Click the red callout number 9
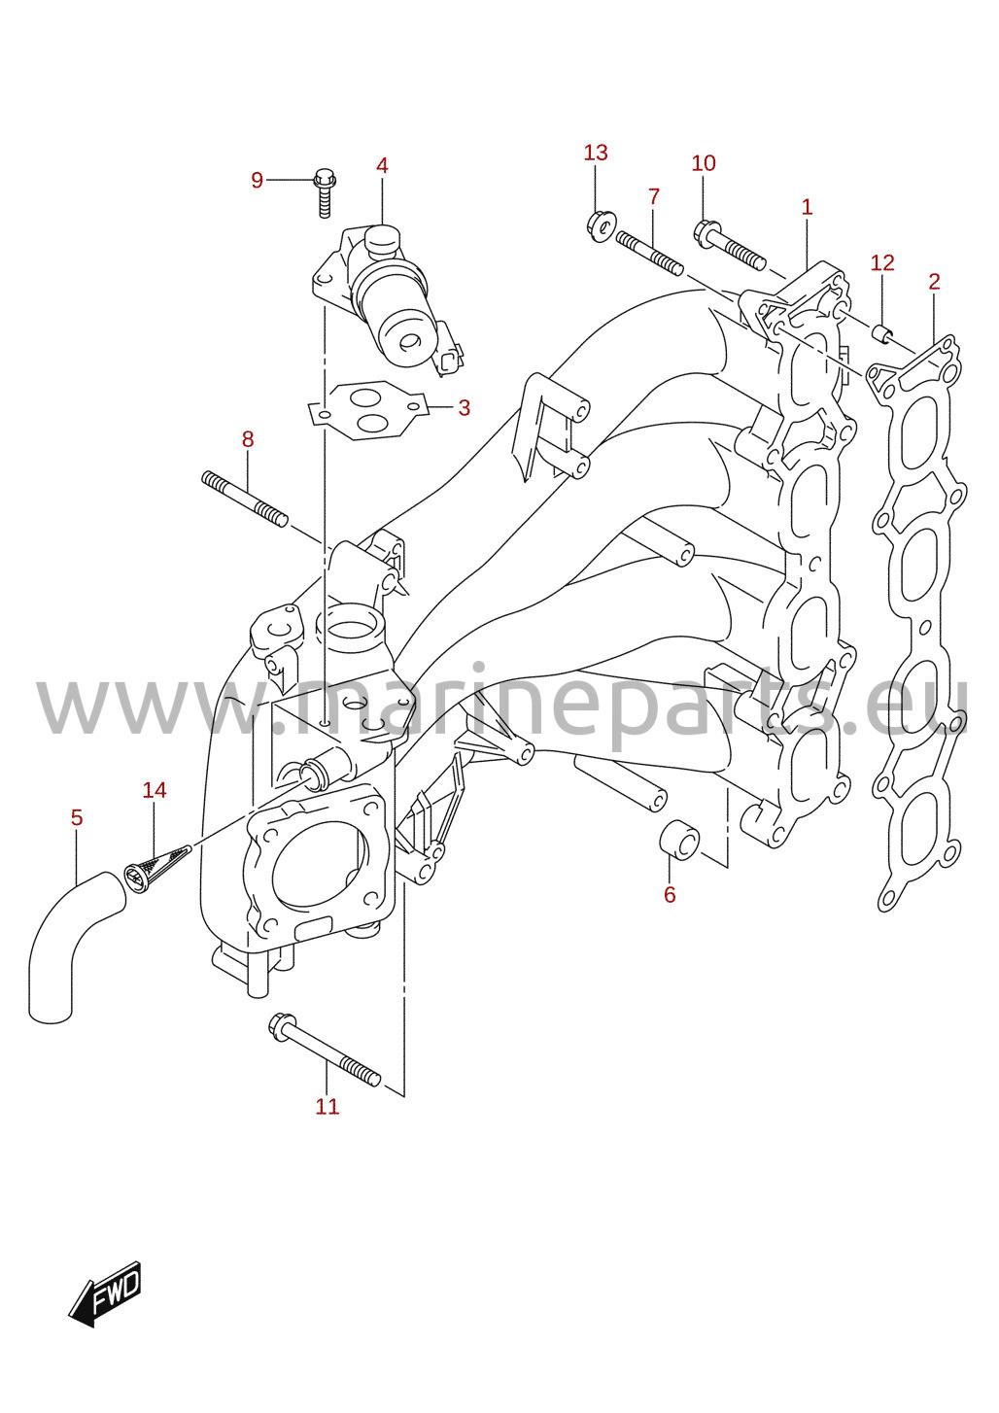click(x=257, y=181)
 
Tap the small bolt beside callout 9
click(x=325, y=192)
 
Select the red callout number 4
click(x=382, y=166)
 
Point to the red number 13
click(x=596, y=153)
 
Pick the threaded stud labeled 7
click(x=649, y=254)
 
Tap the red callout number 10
click(x=704, y=163)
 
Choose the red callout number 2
click(x=934, y=282)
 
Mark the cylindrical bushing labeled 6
click(x=679, y=840)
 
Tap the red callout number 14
click(x=154, y=790)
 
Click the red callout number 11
click(x=327, y=1107)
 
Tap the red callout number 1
click(x=807, y=207)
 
